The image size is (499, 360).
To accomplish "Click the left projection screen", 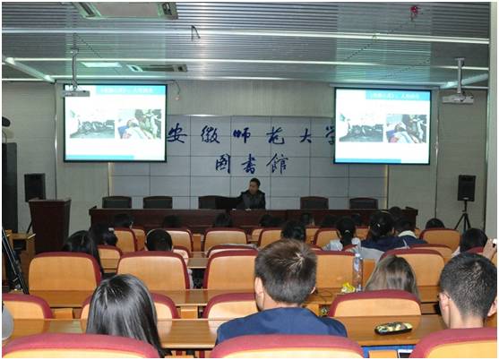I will click(115, 123).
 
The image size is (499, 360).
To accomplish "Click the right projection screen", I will click(382, 125).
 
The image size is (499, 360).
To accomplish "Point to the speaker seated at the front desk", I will click(254, 195).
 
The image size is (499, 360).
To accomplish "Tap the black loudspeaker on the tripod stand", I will click(466, 187).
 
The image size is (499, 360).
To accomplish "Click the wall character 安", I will click(177, 133).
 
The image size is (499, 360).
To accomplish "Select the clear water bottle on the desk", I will click(357, 270).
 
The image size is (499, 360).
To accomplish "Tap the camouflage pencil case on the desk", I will click(393, 328).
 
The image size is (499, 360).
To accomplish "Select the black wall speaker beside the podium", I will click(35, 186).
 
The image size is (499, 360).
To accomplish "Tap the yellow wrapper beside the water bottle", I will click(346, 287).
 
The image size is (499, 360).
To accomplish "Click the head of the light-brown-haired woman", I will click(392, 274).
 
